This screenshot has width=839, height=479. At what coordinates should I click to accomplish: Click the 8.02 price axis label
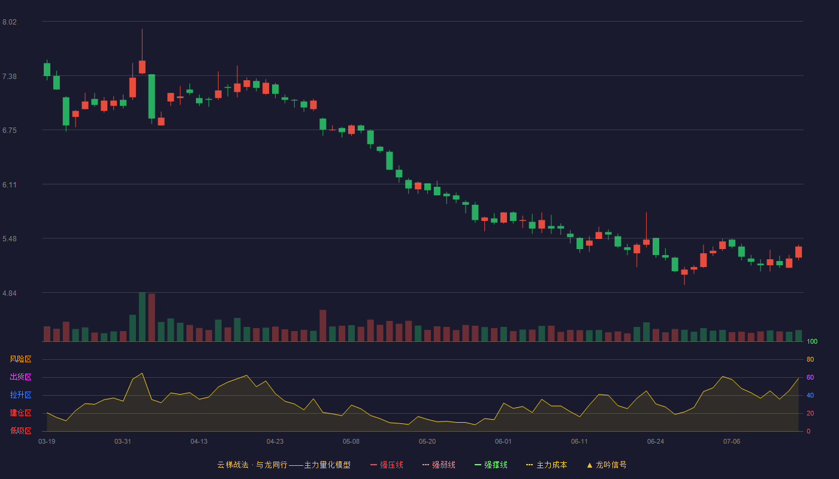tap(10, 22)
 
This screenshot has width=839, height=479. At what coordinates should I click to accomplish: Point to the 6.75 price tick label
tap(10, 131)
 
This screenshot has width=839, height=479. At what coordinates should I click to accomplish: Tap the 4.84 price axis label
tap(10, 293)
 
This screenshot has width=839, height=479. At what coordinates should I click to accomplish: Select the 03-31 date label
tap(122, 442)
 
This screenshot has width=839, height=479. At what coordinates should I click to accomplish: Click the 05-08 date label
tap(351, 442)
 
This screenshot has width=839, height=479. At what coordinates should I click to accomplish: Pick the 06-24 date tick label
tap(656, 442)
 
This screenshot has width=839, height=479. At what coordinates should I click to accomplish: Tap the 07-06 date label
tap(732, 442)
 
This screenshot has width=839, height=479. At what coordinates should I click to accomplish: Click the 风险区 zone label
tap(20, 359)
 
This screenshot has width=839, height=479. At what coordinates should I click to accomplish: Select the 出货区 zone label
tap(20, 377)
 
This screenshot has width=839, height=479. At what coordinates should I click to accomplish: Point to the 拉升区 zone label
tap(20, 395)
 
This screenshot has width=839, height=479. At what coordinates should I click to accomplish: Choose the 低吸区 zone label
tap(20, 431)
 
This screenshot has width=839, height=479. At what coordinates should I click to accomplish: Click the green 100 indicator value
tap(812, 341)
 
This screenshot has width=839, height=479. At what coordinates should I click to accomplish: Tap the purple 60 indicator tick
tap(810, 377)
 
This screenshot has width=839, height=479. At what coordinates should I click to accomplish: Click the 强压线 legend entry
tap(387, 465)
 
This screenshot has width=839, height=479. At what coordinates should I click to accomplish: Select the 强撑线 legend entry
tap(491, 465)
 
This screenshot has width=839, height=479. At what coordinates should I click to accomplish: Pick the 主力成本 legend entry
tap(547, 465)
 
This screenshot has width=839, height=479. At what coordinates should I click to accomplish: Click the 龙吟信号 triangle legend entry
tap(606, 465)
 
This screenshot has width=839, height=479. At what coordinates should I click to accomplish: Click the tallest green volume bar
tap(143, 317)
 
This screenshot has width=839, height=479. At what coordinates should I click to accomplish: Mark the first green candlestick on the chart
tap(47, 69)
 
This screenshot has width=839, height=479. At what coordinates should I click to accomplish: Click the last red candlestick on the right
tap(798, 252)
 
